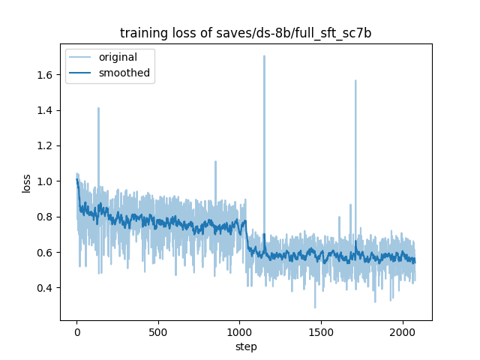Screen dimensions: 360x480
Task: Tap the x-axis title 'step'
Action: coord(246,347)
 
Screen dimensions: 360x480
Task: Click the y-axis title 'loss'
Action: coord(26,183)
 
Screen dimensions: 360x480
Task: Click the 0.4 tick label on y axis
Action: coord(46,288)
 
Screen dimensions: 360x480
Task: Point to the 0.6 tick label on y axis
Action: coord(46,253)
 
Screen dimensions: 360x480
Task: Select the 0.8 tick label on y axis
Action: coord(46,217)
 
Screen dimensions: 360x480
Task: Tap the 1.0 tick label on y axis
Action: coord(46,181)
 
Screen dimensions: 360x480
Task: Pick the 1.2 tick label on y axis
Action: coord(46,145)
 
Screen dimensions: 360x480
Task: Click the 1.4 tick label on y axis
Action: coord(46,110)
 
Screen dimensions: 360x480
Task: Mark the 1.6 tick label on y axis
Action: coord(46,75)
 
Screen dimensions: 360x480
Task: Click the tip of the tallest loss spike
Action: coord(264,56)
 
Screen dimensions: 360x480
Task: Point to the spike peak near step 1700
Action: coord(355,81)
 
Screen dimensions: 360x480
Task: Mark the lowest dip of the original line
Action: coord(315,307)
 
